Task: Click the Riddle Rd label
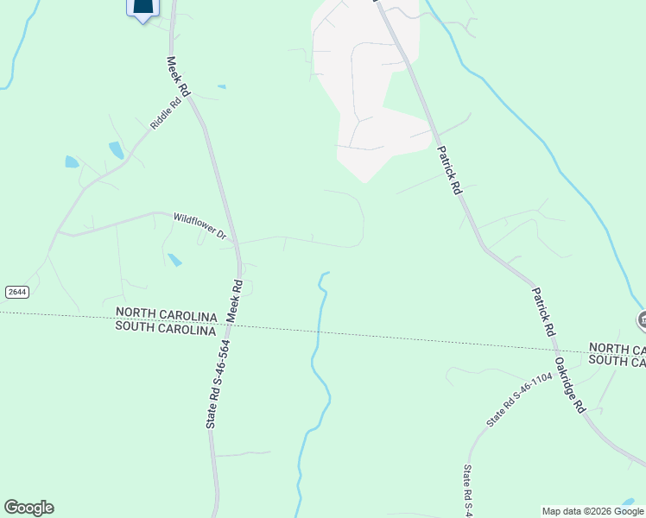[x=166, y=113]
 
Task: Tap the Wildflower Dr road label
[x=199, y=225]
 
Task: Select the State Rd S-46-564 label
[x=218, y=385]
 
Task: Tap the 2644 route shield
[x=16, y=292]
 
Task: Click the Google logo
[x=28, y=508]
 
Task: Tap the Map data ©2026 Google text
[x=592, y=511]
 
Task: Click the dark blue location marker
[x=143, y=8]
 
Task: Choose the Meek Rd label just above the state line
[x=235, y=301]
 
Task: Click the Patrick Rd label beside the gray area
[x=449, y=168]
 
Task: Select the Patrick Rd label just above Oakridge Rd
[x=541, y=312]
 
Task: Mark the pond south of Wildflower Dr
[x=175, y=259]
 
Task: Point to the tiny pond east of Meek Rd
[x=222, y=87]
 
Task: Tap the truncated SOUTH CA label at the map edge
[x=617, y=363]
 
